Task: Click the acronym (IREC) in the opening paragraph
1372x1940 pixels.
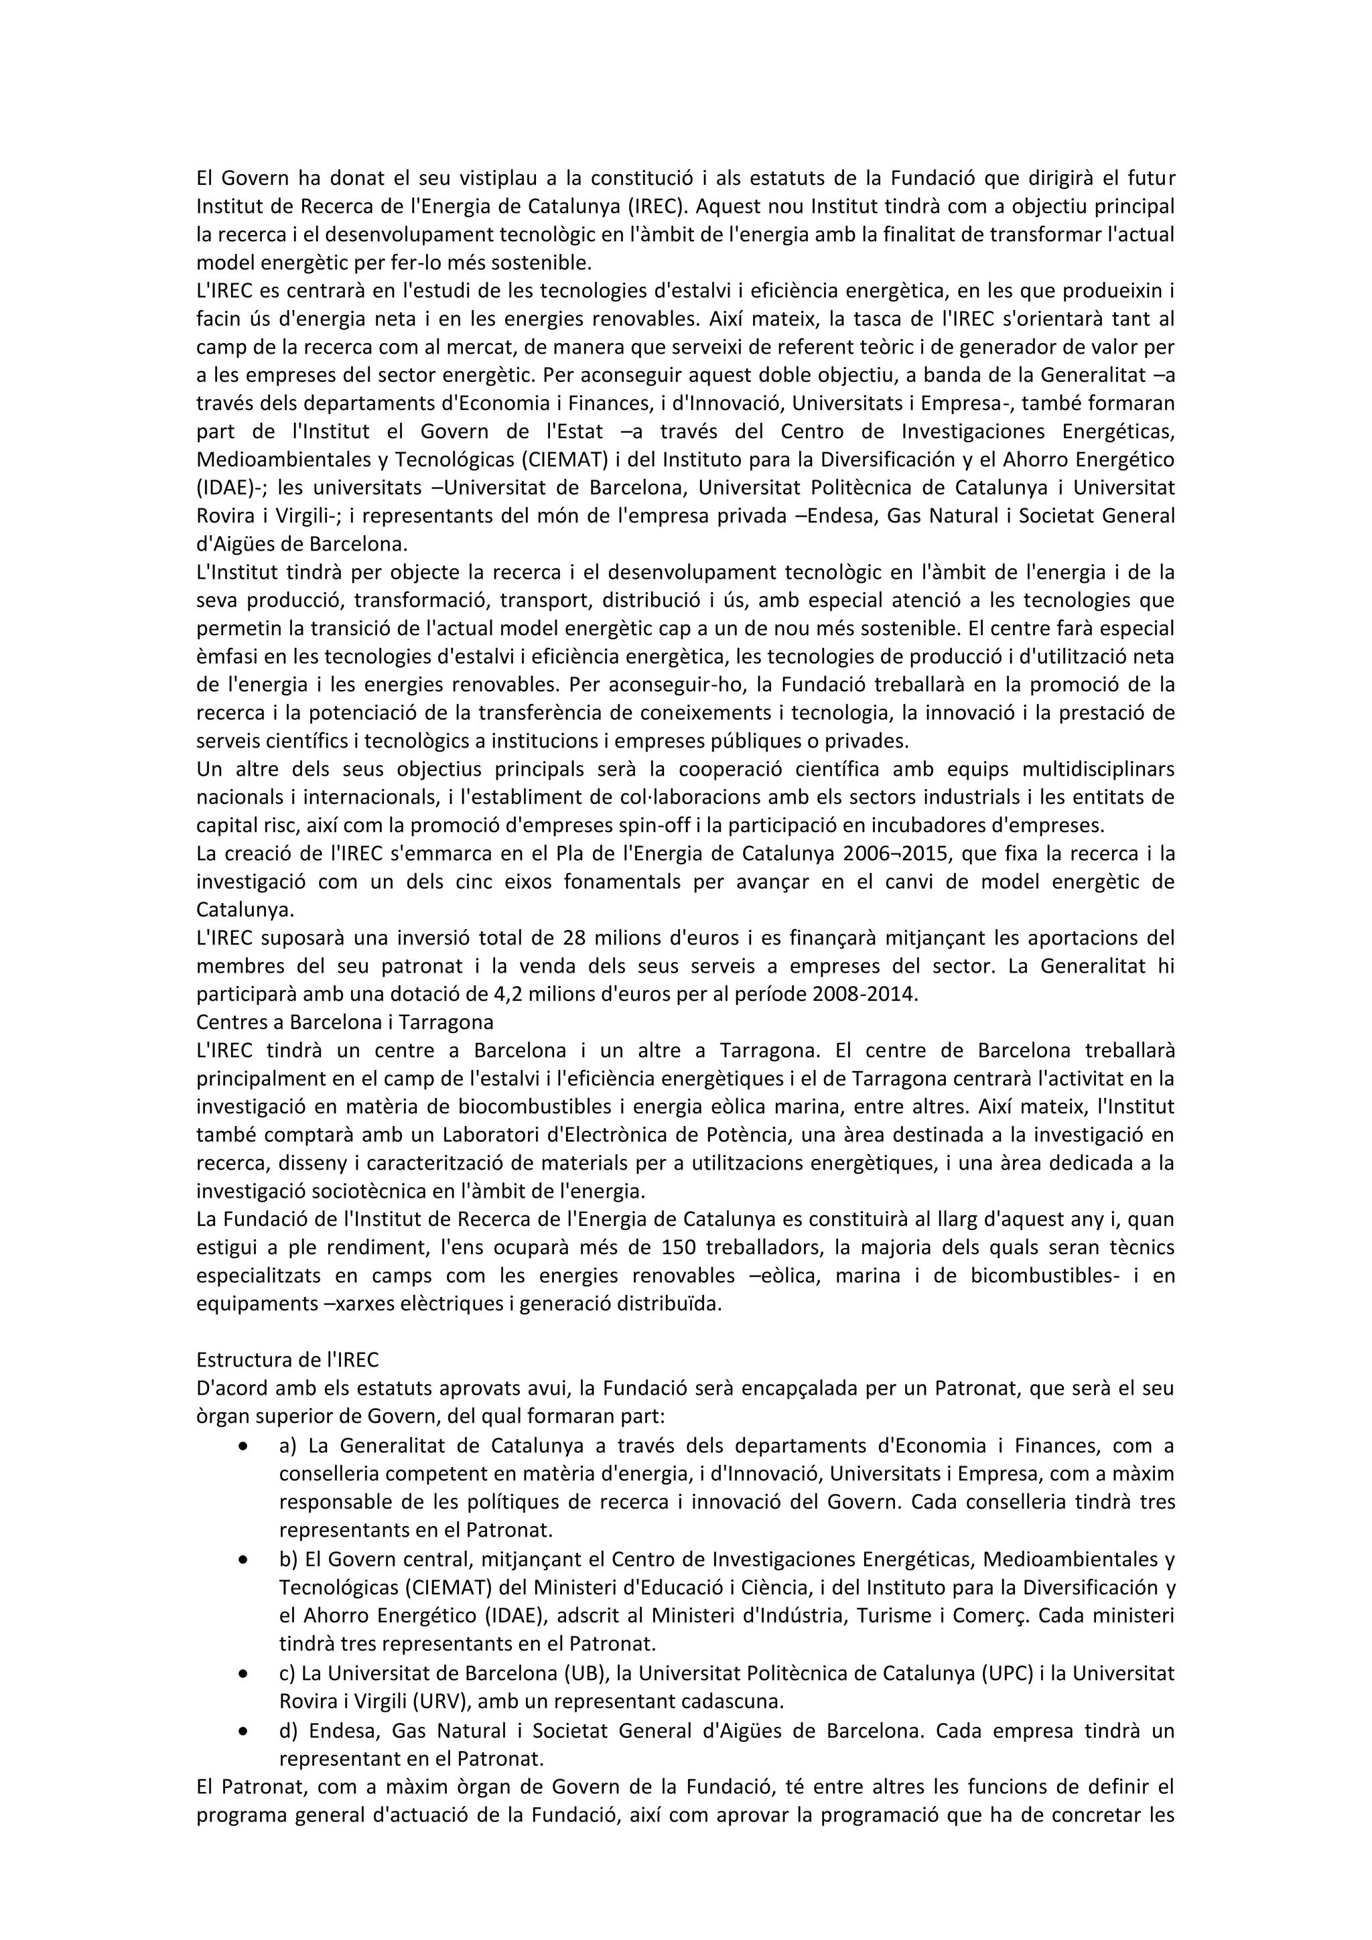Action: (661, 206)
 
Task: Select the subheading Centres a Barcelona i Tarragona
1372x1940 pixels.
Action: (345, 1022)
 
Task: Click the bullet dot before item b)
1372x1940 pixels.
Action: (243, 1560)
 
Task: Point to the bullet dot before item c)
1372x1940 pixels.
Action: (243, 1672)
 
